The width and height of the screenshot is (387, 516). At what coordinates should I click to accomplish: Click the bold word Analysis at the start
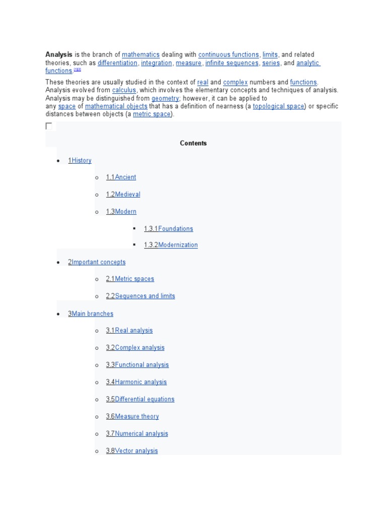[x=59, y=54]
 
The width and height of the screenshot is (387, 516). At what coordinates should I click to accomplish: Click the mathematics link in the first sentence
[x=141, y=54]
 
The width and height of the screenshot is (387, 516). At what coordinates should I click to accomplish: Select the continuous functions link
[x=228, y=54]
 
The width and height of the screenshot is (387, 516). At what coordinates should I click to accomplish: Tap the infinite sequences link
[x=232, y=63]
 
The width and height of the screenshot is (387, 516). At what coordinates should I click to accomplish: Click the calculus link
[x=124, y=90]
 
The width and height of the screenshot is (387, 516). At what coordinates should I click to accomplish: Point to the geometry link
[x=165, y=98]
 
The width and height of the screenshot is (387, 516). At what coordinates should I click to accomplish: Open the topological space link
[x=279, y=106]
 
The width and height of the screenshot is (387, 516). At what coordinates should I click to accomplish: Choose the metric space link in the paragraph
[x=152, y=114]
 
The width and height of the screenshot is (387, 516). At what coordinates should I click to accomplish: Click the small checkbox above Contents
[x=49, y=126]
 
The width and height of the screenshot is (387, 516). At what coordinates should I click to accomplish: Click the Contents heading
[x=193, y=143]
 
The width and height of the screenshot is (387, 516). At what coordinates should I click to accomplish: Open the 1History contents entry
[x=80, y=160]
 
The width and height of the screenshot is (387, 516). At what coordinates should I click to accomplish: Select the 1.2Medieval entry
[x=123, y=195]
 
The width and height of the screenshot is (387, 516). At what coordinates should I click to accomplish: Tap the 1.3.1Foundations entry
[x=168, y=229]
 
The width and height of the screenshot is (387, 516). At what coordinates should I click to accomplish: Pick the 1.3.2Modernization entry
[x=171, y=245]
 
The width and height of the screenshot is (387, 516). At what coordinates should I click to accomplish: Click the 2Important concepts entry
[x=97, y=262]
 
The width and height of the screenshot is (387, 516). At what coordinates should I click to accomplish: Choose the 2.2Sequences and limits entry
[x=141, y=296]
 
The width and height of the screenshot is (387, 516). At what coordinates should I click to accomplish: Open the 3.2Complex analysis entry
[x=135, y=348]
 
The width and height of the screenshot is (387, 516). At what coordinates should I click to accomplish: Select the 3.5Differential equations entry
[x=140, y=399]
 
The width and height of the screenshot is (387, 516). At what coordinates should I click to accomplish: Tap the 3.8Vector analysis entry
[x=132, y=451]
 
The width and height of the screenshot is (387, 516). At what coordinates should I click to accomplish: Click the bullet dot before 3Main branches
[x=58, y=314]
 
